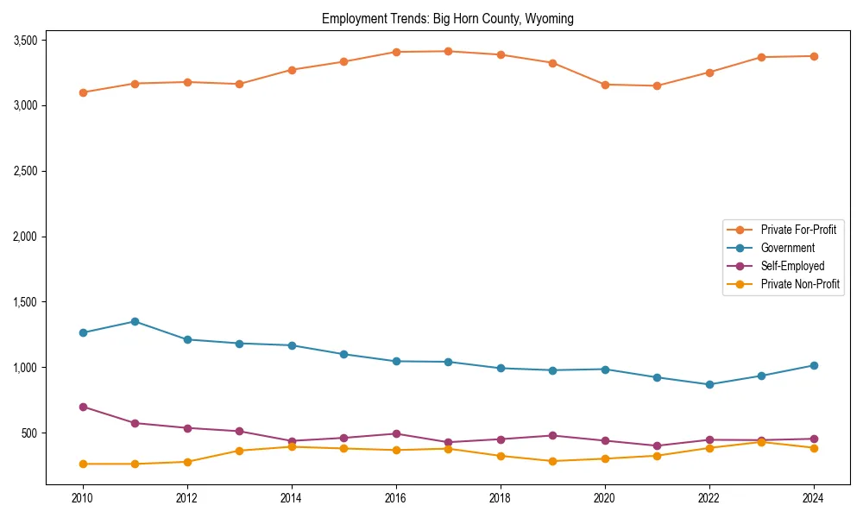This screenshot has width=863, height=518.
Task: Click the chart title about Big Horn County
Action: tap(447, 19)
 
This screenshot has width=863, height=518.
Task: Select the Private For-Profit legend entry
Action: tap(798, 230)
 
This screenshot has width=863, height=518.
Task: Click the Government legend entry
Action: tap(787, 248)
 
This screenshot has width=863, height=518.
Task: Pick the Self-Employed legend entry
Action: tap(792, 266)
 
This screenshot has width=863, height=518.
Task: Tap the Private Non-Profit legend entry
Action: tap(800, 284)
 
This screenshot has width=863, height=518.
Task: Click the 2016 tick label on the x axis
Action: tap(396, 498)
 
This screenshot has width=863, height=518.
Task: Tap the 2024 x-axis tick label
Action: tap(813, 498)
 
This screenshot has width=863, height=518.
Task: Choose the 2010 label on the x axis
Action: tap(83, 498)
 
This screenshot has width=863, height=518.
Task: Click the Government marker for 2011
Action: tap(135, 321)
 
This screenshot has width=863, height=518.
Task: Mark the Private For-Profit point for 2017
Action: tap(448, 51)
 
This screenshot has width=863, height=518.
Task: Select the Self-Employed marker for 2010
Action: tap(83, 407)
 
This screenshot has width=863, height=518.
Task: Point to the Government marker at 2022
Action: tap(709, 384)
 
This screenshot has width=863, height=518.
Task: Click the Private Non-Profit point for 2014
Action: tap(292, 446)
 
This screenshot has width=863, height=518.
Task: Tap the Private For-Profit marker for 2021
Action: tap(657, 85)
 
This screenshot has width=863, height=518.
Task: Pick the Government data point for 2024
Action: tap(813, 365)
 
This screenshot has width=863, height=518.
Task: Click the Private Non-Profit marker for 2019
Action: tap(552, 461)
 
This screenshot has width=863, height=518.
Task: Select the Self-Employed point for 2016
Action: tap(396, 433)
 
